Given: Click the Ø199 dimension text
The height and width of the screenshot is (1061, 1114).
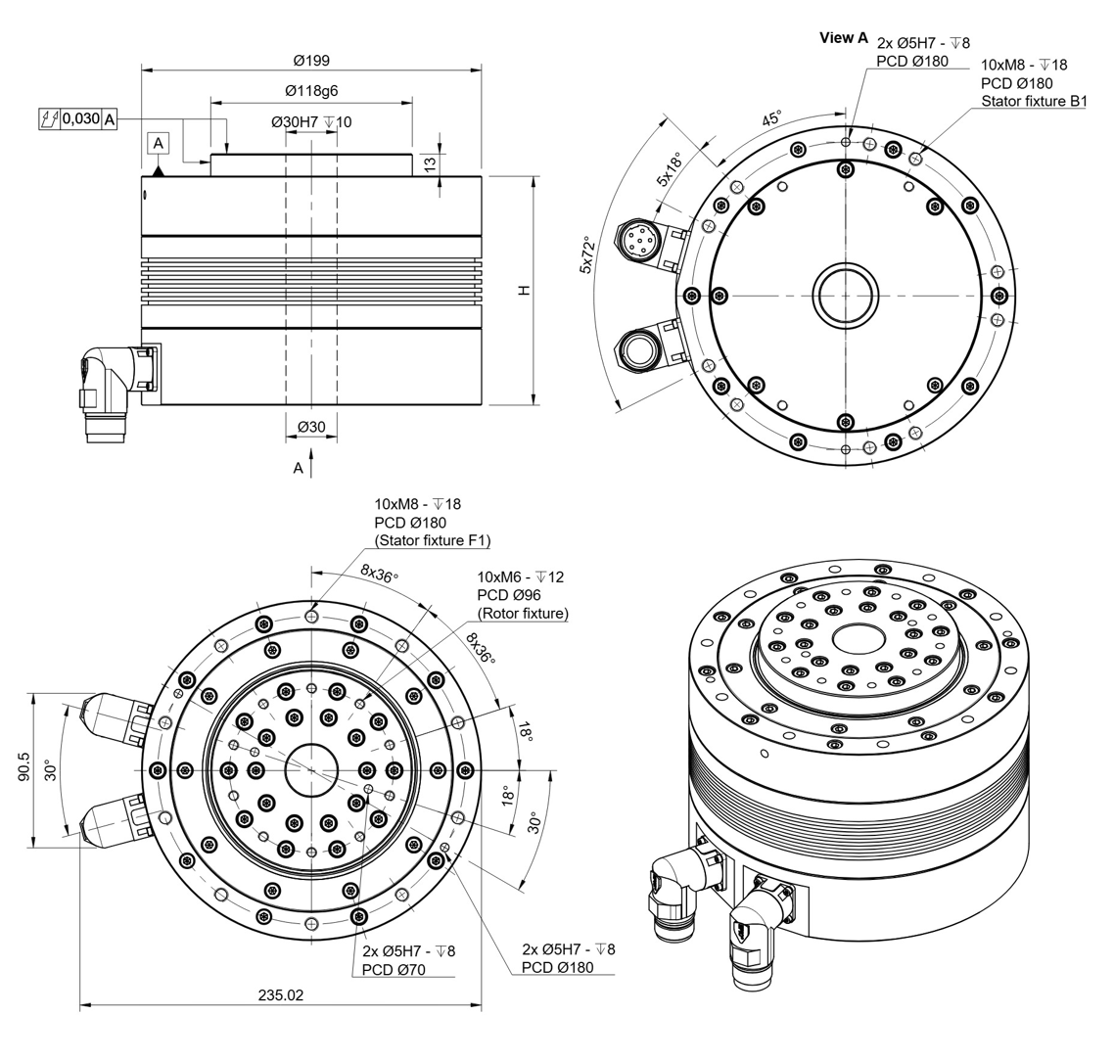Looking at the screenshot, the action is click(x=312, y=61).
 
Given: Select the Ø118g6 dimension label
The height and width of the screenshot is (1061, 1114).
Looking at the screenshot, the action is click(x=311, y=91).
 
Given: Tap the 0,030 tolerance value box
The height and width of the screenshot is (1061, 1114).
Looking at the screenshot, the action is click(x=81, y=118).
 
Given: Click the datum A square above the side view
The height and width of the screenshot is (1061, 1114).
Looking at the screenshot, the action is click(x=159, y=144).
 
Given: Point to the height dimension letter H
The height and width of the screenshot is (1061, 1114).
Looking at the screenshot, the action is click(x=524, y=291).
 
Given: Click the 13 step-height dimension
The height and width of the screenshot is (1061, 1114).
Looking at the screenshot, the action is click(x=430, y=164).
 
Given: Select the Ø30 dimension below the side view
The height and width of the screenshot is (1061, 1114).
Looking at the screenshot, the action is click(x=311, y=427).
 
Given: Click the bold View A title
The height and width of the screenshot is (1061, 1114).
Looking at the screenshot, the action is click(x=844, y=37).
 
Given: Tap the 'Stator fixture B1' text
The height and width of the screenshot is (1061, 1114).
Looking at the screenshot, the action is click(x=1034, y=101).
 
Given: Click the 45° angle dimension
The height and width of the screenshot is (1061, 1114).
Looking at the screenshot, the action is click(x=771, y=117).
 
